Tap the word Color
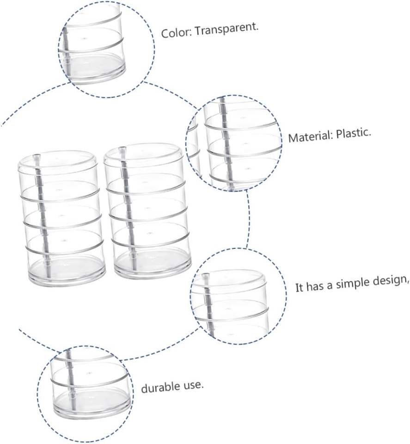(175, 34)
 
